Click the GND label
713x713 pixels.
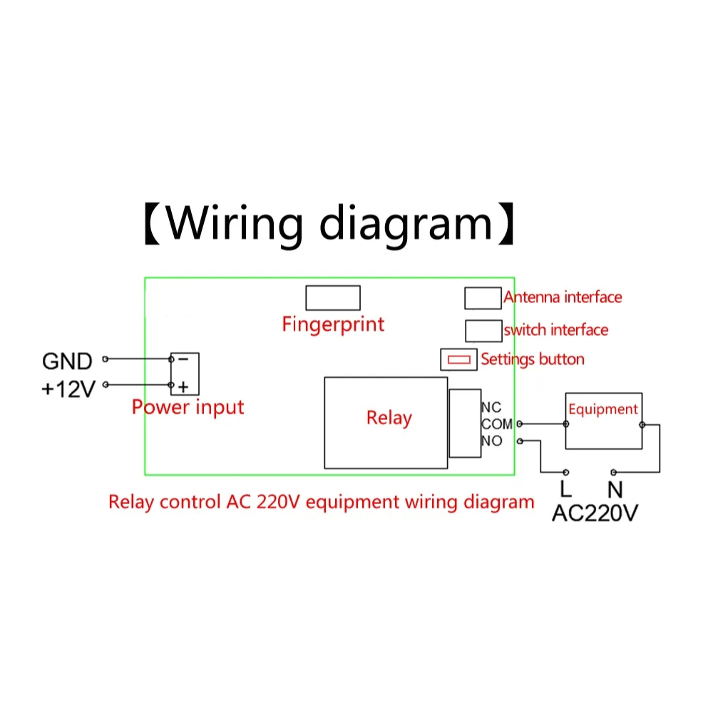click(x=67, y=361)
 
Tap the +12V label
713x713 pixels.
click(x=68, y=389)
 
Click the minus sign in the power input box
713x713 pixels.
click(x=183, y=359)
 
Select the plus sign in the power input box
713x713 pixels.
click(x=183, y=387)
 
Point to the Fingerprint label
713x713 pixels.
click(x=333, y=324)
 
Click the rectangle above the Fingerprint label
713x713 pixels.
click(x=333, y=298)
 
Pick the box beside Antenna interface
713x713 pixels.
click(x=483, y=298)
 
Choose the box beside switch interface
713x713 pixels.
click(x=483, y=331)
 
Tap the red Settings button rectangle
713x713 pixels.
click(x=458, y=359)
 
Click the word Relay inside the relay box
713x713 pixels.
click(x=389, y=418)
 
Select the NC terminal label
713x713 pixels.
click(x=491, y=407)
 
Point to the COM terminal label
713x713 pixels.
click(x=497, y=424)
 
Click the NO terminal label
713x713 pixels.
click(x=492, y=441)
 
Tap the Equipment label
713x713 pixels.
click(x=603, y=409)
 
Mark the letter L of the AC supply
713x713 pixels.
click(x=565, y=489)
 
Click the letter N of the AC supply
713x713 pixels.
click(x=615, y=489)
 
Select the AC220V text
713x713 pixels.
click(x=595, y=513)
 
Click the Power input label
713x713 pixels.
click(x=188, y=407)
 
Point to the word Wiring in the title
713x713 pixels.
click(x=234, y=223)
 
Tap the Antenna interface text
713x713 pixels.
click(x=563, y=297)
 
